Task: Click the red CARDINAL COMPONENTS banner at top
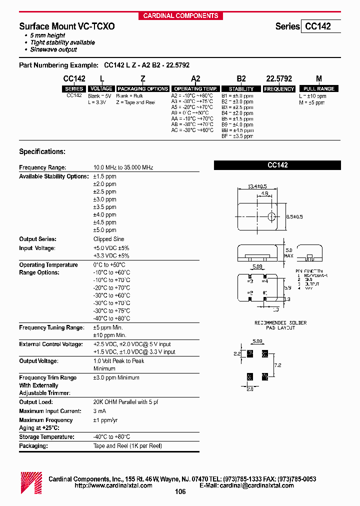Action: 180,15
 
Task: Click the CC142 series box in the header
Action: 320,26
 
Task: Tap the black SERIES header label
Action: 74,89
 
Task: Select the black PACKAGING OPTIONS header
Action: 142,89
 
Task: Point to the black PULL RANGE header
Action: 319,89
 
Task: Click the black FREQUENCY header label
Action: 279,89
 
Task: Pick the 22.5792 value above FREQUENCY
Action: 279,79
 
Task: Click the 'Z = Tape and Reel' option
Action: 135,102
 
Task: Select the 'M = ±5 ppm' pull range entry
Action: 312,102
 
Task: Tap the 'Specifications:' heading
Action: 42,151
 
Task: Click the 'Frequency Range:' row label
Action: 42,168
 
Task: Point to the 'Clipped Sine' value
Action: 109,239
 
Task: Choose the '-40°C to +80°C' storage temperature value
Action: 111,437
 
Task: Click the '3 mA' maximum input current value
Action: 99,411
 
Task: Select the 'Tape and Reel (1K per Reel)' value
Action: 127,445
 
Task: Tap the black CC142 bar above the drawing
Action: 277,165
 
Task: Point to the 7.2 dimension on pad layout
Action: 278,365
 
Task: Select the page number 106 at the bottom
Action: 180,492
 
